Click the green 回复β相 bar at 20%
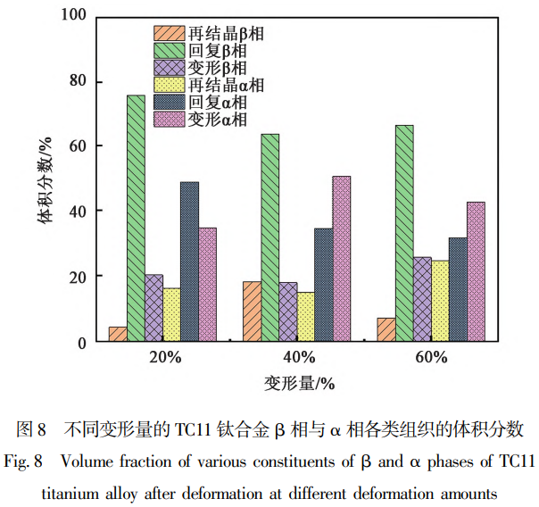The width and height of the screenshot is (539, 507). [x=136, y=218]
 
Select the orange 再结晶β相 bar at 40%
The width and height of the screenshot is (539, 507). [x=252, y=311]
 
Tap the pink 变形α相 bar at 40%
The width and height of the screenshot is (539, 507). [x=341, y=258]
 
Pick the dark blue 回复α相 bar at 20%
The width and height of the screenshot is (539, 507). [x=189, y=261]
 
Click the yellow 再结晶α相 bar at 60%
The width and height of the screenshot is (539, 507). [x=440, y=300]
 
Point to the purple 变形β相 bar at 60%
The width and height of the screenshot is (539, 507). [x=422, y=298]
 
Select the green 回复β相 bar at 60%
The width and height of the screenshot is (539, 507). [x=404, y=232]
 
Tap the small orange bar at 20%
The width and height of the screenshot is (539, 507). [x=118, y=333]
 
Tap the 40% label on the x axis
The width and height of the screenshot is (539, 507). [x=297, y=358]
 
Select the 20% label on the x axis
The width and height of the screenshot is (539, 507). [x=164, y=358]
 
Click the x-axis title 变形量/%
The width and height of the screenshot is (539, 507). [x=297, y=384]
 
